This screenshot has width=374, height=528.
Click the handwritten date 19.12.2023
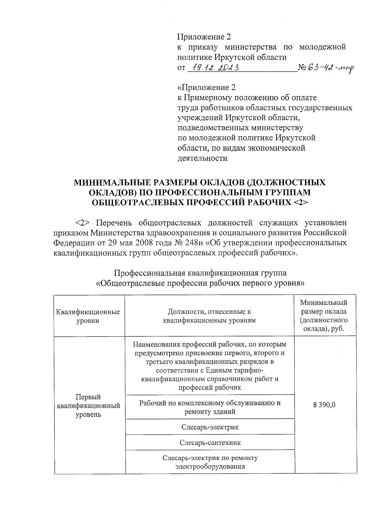click(x=215, y=68)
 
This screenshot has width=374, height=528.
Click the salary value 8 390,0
click(x=324, y=405)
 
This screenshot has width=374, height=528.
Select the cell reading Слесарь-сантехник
click(x=210, y=442)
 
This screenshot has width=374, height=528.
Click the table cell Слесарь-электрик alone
click(x=210, y=427)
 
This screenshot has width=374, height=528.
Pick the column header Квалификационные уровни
click(x=88, y=316)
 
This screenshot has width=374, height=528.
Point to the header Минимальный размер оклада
click(x=324, y=315)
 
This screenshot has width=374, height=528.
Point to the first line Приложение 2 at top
click(x=204, y=37)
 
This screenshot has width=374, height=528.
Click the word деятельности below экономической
click(x=202, y=158)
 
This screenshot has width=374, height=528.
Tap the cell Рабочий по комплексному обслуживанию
click(x=210, y=407)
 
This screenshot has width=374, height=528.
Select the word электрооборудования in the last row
click(x=210, y=467)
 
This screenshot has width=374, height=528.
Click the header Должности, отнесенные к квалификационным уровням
click(x=209, y=316)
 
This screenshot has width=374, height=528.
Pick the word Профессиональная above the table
click(x=149, y=273)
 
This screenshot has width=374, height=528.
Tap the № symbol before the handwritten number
click(x=302, y=68)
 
